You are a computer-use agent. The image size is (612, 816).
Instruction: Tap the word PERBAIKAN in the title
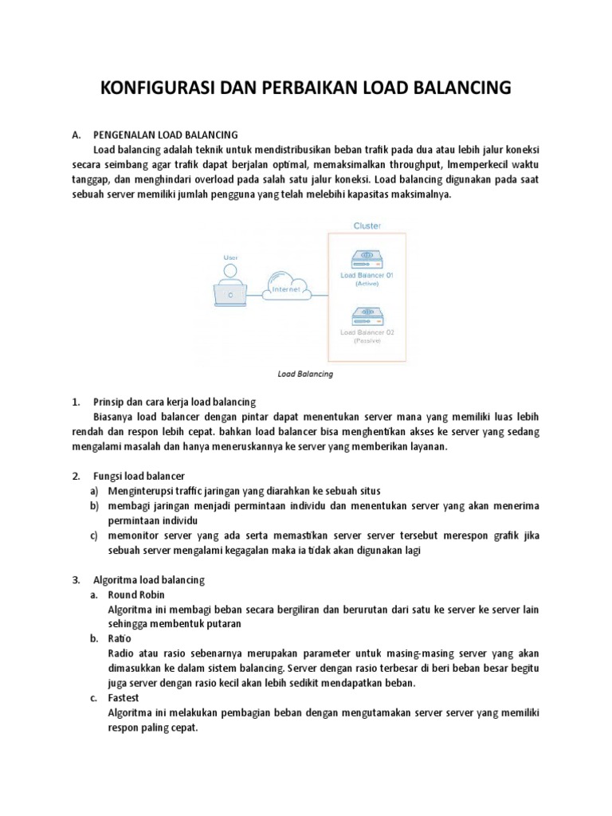[309, 88]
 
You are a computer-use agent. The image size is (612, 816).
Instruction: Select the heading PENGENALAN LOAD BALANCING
[165, 135]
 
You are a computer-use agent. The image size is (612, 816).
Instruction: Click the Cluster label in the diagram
[367, 226]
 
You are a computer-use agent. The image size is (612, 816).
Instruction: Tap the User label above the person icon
[230, 257]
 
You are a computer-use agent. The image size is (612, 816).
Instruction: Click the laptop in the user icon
[230, 294]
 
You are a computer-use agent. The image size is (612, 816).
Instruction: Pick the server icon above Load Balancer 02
[367, 314]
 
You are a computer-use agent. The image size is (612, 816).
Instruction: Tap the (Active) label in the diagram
[367, 284]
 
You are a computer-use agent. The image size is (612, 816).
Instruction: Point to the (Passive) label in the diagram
[367, 340]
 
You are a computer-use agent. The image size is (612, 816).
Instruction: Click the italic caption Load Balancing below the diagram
[304, 373]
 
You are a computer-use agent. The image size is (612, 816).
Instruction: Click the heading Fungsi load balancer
[139, 477]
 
